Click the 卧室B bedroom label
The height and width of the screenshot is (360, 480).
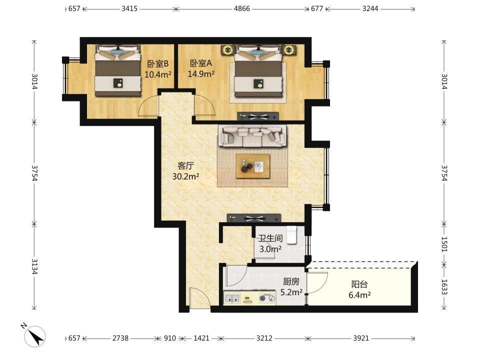(158, 63)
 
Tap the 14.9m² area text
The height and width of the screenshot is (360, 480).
(201, 74)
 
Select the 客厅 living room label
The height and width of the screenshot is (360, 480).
(185, 165)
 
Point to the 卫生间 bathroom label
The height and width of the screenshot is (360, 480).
(270, 238)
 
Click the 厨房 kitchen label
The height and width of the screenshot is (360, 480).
(291, 281)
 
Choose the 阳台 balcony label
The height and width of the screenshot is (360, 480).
(359, 284)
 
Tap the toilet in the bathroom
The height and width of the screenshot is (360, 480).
(291, 235)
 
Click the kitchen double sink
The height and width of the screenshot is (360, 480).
(231, 298)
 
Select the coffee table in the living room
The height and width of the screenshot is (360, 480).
(253, 166)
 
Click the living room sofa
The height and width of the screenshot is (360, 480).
(252, 136)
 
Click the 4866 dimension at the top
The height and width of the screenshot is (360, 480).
(242, 8)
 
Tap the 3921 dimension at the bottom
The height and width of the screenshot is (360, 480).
(361, 338)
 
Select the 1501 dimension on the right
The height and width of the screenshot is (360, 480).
(444, 244)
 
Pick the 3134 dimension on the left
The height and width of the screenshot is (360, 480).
(34, 266)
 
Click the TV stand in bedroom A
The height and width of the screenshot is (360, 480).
(258, 116)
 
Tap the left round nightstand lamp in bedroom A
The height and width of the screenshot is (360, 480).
(227, 49)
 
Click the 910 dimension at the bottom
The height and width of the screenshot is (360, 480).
(169, 338)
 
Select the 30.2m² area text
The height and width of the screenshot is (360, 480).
(185, 176)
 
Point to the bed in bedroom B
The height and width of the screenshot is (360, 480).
(117, 70)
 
